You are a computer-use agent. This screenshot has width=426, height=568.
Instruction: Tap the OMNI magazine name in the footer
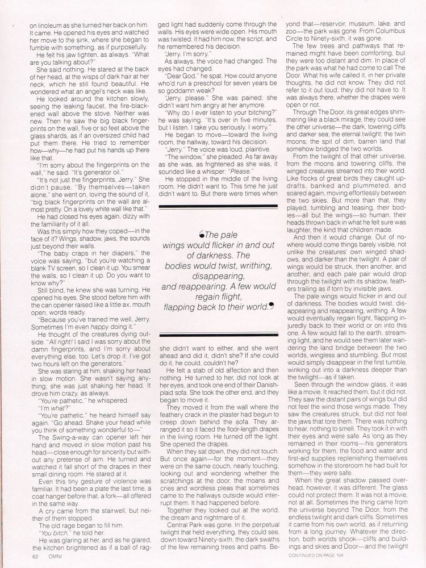tap(53, 556)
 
